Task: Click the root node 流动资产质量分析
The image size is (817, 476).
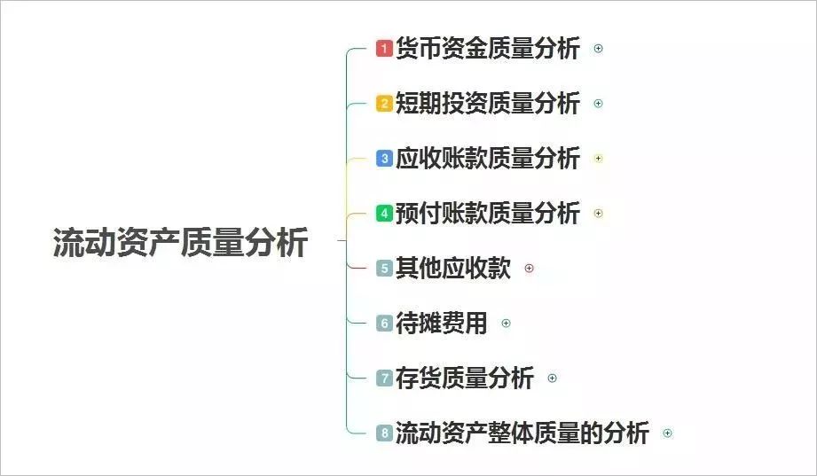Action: coord(180,242)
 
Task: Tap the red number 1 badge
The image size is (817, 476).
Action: coord(384,49)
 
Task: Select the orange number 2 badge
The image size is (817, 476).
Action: coord(384,103)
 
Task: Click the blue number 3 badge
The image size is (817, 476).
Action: coord(384,159)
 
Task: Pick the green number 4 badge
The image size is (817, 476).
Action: coord(384,213)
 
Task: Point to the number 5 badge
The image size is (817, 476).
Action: coord(384,269)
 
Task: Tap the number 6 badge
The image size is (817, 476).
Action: coord(384,323)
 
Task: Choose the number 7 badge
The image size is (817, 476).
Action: coord(384,378)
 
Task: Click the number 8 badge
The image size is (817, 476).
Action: coord(384,433)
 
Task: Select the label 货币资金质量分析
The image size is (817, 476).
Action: coord(488,49)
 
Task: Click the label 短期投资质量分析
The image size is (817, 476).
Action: coord(488,103)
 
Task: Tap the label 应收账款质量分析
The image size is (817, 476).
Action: coord(488,159)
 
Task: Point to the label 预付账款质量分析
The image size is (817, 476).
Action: coord(488,213)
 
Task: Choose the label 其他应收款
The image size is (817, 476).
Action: coord(453,269)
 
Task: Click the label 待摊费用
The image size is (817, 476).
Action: coord(442,323)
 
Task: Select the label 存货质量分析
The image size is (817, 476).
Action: coord(465,378)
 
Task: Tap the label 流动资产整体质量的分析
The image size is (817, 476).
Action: coord(522,433)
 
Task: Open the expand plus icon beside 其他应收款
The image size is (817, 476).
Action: coord(529,269)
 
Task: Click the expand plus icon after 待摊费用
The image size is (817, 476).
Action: coord(506,324)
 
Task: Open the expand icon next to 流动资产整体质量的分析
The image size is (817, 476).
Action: coord(667,433)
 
